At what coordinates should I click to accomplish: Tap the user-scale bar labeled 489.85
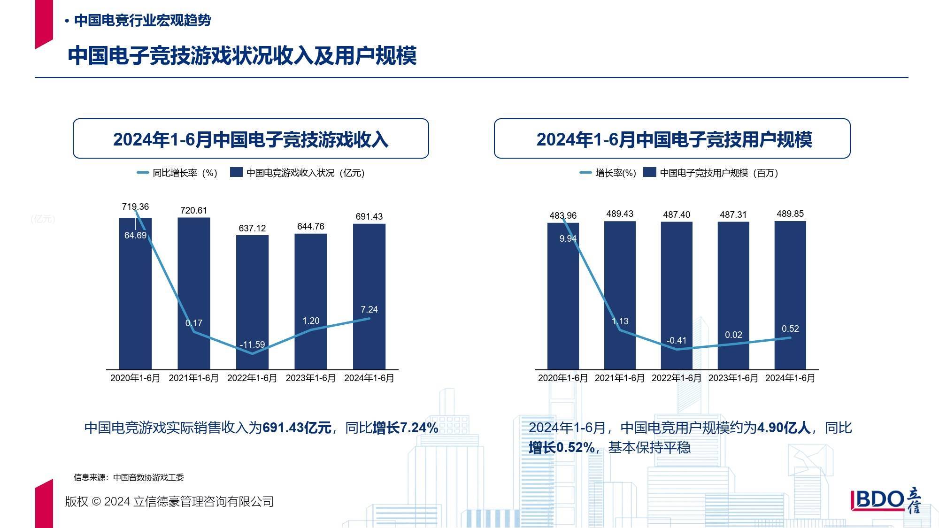point(790,282)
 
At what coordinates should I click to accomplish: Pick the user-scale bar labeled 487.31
point(733,282)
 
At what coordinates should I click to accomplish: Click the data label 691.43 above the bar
point(369,216)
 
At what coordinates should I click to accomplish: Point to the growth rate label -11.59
point(252,344)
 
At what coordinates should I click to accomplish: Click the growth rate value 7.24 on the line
point(369,309)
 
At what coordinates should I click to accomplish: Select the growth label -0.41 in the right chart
point(677,340)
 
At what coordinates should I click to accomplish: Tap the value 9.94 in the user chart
point(568,238)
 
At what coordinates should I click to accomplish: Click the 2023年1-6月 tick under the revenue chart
point(310,378)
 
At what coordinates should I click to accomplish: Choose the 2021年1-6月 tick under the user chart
point(619,378)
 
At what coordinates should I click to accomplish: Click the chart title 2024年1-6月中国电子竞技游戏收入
point(251,139)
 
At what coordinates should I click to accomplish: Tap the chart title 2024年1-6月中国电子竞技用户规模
point(674,139)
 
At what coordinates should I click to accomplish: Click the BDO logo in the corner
point(885,501)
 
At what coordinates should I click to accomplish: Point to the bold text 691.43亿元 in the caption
point(297,428)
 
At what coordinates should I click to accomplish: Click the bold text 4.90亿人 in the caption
point(784,428)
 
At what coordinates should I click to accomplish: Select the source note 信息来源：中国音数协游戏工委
point(129,477)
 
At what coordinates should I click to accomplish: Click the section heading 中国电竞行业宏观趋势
point(142,21)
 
